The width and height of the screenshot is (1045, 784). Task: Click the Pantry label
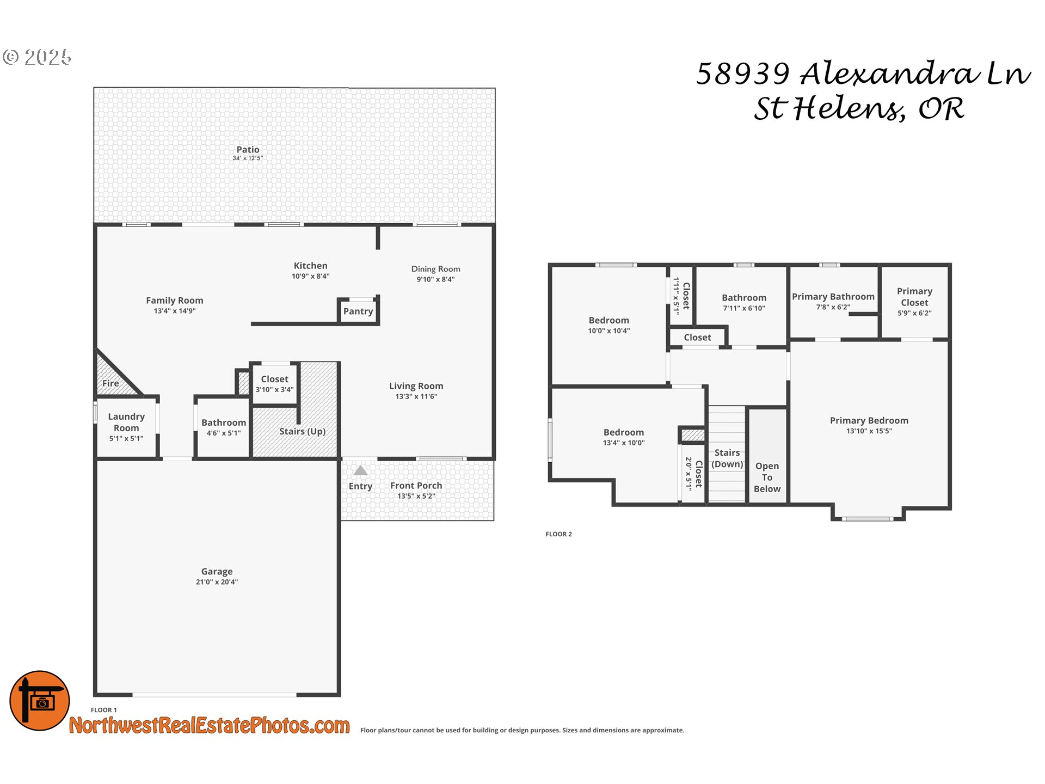pyautogui.click(x=358, y=311)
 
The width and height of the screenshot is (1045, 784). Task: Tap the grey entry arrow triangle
pyautogui.click(x=360, y=470)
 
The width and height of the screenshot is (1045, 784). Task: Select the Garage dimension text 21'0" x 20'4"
pyautogui.click(x=217, y=582)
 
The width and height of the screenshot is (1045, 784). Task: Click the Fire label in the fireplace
pyautogui.click(x=110, y=383)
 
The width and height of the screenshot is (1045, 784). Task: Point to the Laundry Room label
pyautogui.click(x=126, y=422)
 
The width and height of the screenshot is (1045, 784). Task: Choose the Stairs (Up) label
pyautogui.click(x=302, y=431)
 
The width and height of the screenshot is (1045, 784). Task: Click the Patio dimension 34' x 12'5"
pyautogui.click(x=248, y=158)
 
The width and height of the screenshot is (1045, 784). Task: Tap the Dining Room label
pyautogui.click(x=435, y=269)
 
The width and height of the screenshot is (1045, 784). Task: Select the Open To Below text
pyautogui.click(x=767, y=477)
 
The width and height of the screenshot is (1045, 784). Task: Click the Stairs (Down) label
pyautogui.click(x=727, y=458)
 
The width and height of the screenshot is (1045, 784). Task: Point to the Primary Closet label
pyautogui.click(x=914, y=297)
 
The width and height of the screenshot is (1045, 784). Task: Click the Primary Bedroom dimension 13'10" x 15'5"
pyautogui.click(x=869, y=431)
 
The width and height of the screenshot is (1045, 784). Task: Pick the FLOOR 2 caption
pyautogui.click(x=558, y=534)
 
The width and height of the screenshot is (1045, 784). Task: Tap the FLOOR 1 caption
pyautogui.click(x=103, y=710)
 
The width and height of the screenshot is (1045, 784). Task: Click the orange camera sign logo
pyautogui.click(x=40, y=701)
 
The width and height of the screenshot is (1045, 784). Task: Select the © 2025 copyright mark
pyautogui.click(x=37, y=57)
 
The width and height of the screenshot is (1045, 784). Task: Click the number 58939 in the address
pyautogui.click(x=743, y=73)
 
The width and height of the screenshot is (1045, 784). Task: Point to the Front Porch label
pyautogui.click(x=416, y=486)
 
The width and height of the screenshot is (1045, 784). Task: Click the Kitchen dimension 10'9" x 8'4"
pyautogui.click(x=310, y=277)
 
